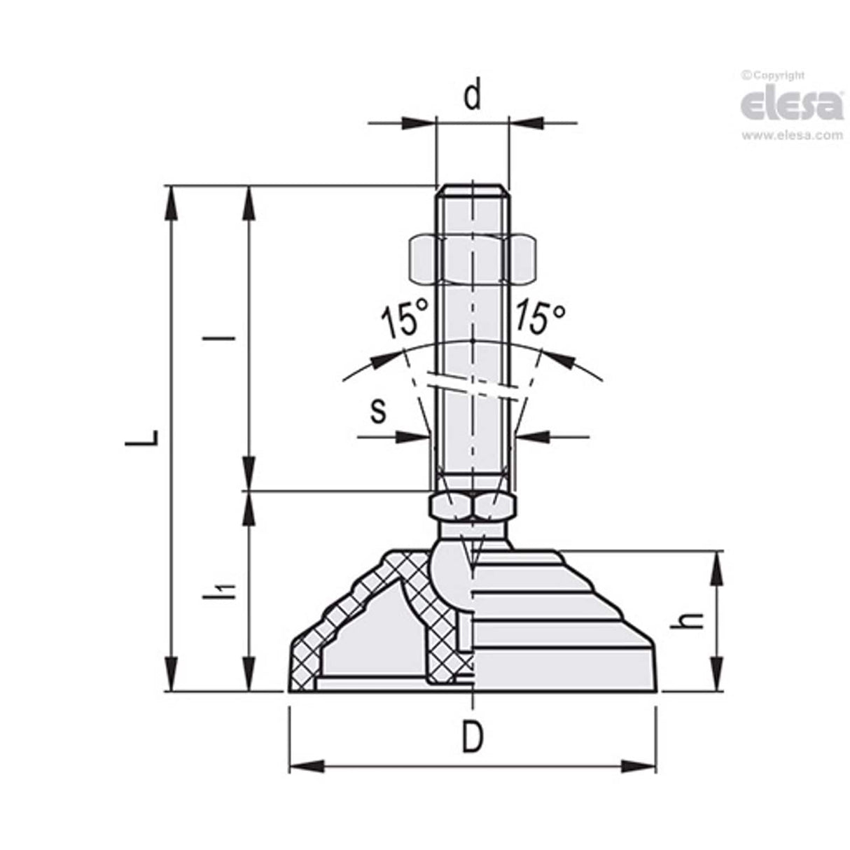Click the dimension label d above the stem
click(x=473, y=96)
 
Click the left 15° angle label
click(x=403, y=321)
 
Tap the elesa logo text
click(x=791, y=105)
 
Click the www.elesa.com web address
click(x=792, y=136)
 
